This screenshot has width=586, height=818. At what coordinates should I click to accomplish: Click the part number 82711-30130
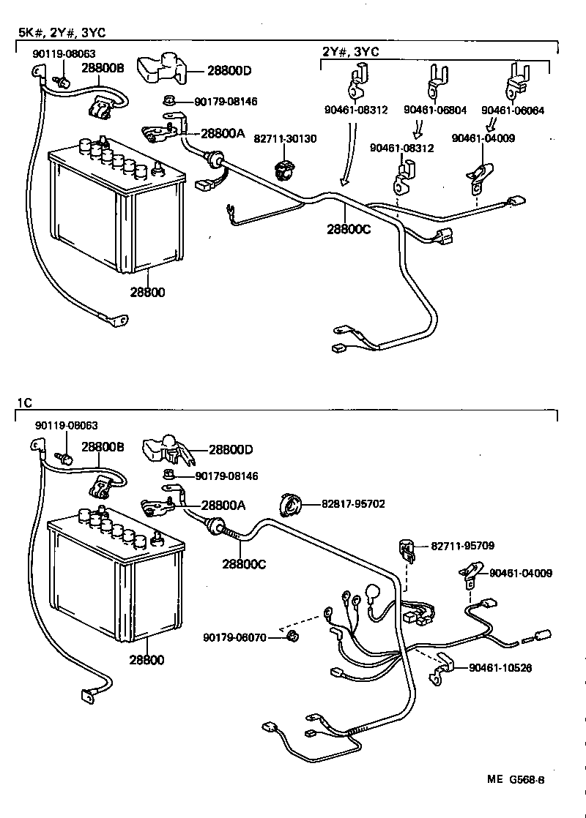click(x=285, y=138)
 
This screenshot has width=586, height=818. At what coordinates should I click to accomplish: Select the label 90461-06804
click(x=434, y=110)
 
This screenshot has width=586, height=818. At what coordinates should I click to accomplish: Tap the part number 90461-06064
click(x=512, y=110)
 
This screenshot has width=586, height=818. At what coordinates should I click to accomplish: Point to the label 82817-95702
click(x=353, y=504)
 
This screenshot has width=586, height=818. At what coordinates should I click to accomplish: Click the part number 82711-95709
click(x=462, y=546)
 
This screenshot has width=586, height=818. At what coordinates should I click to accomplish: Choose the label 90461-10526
click(x=500, y=667)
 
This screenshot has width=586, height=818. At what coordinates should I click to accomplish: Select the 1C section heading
click(x=23, y=402)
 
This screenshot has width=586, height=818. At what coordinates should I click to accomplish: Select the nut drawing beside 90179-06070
click(x=291, y=636)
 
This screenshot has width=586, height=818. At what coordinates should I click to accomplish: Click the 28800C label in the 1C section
click(x=243, y=565)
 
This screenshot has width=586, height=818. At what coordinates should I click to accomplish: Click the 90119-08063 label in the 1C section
click(x=67, y=425)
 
